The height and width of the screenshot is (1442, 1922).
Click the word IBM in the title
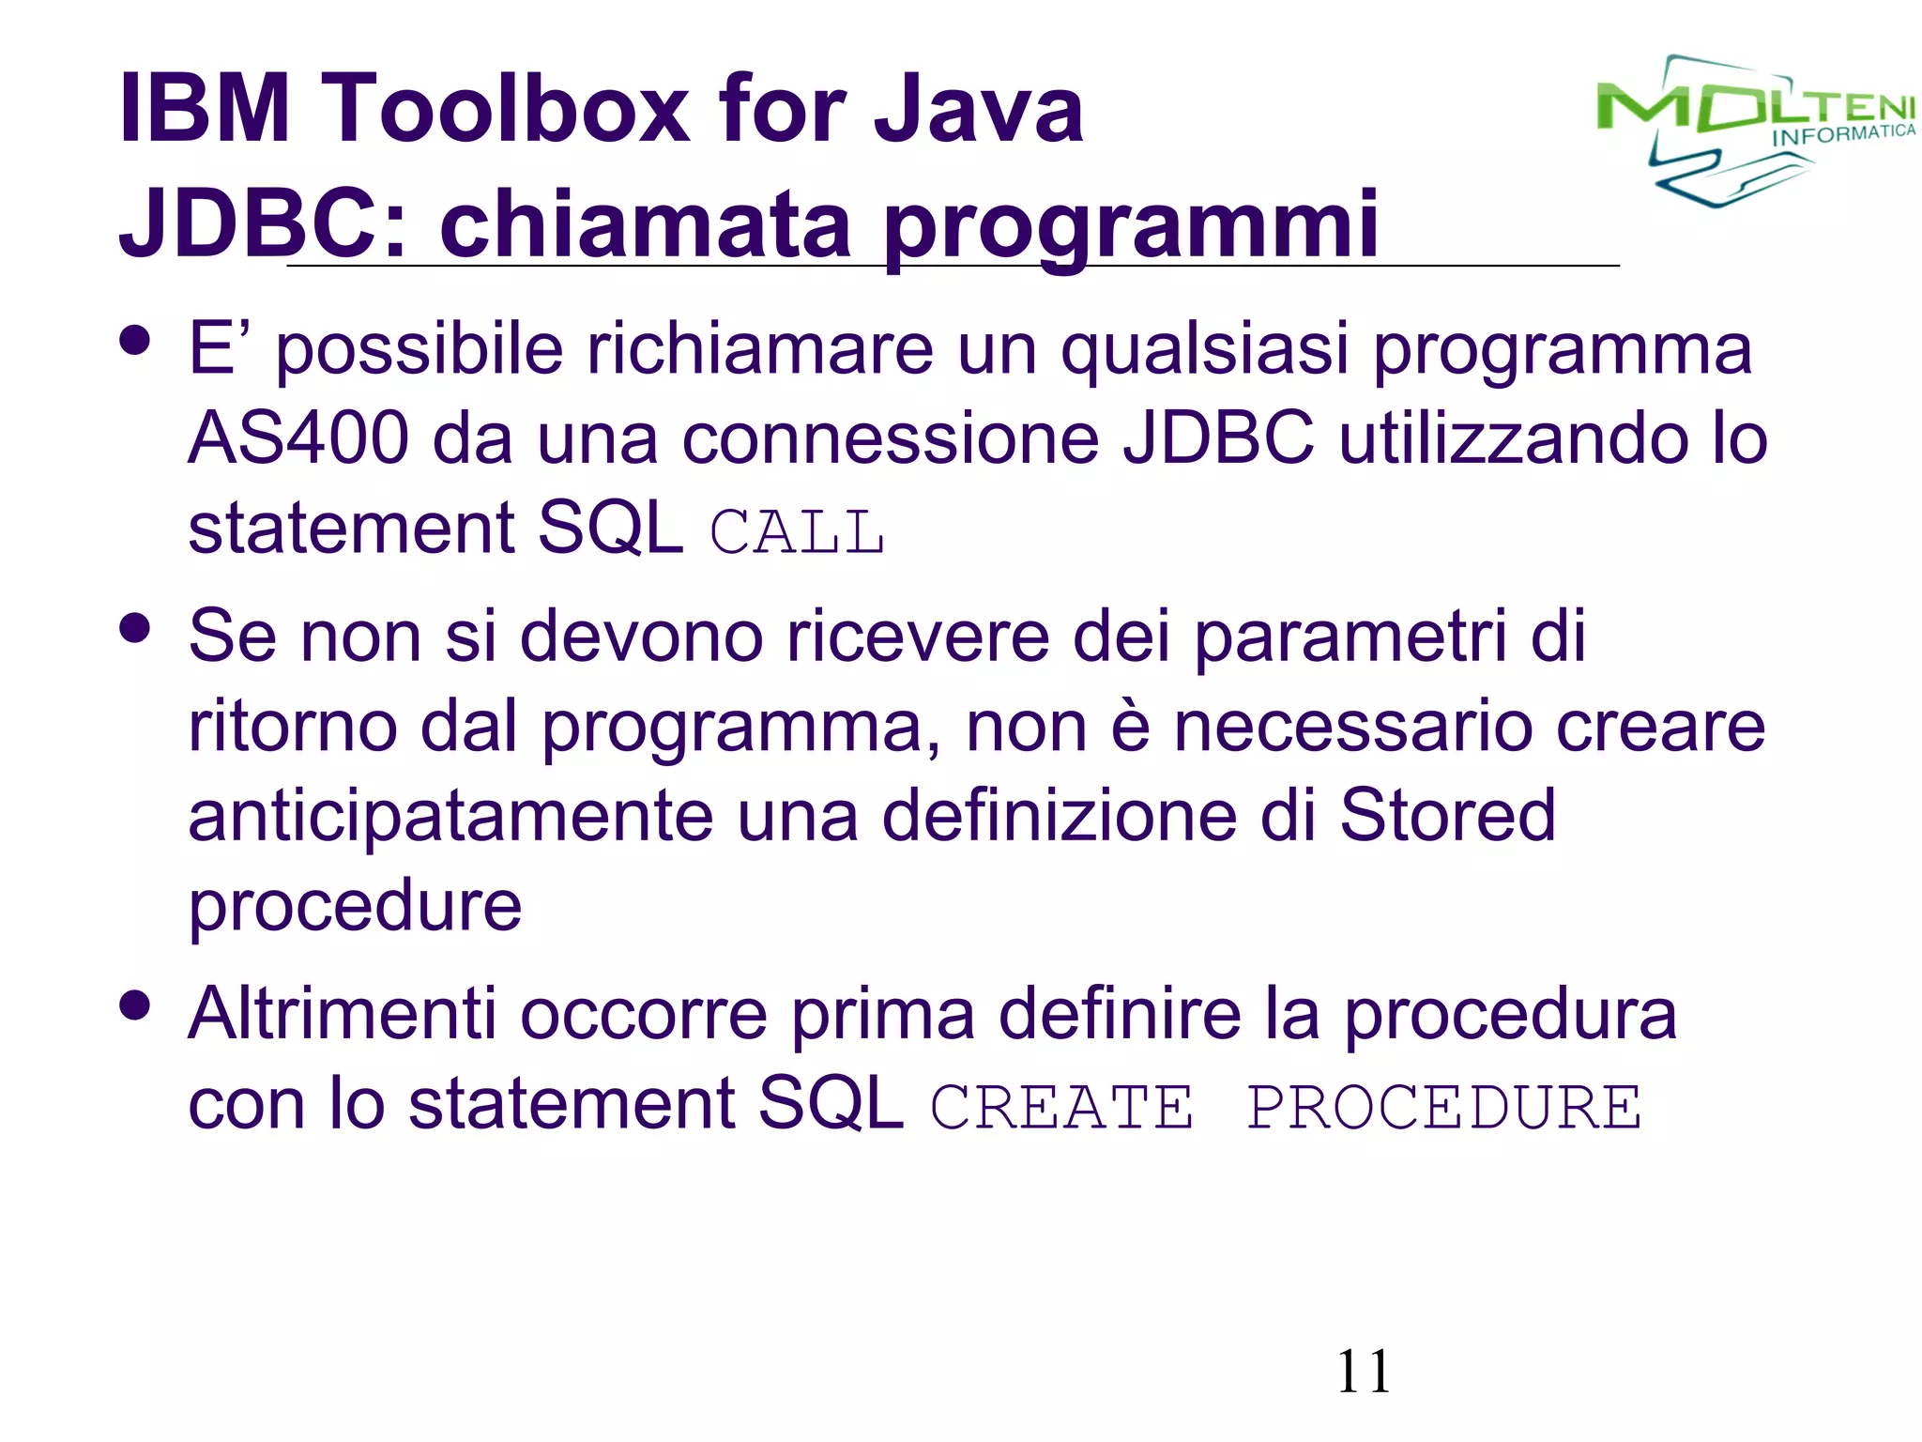[205, 109]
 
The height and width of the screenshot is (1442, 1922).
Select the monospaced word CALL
[797, 533]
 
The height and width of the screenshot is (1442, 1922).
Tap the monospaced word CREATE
[1061, 1108]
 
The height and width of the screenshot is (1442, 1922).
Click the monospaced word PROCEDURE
[1444, 1108]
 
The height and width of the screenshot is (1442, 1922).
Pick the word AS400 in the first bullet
[298, 439]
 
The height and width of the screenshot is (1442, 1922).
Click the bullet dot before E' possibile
[136, 341]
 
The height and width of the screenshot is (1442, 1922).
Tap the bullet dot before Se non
[136, 628]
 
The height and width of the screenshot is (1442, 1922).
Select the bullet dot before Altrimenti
[136, 1005]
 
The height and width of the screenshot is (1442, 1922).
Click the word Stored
[1447, 815]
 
